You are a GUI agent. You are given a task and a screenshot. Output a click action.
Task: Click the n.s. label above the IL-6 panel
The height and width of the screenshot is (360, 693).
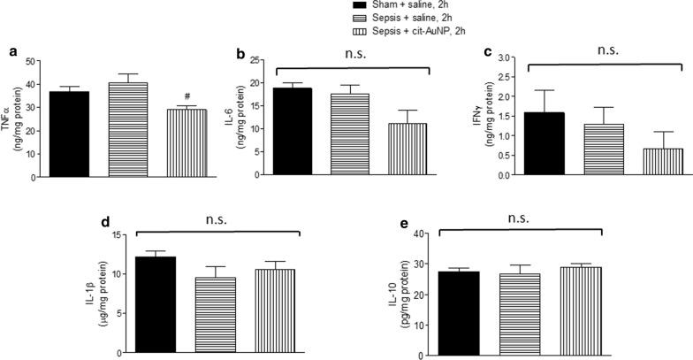click(x=359, y=53)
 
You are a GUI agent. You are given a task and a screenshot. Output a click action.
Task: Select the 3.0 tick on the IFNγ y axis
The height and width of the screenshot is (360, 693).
click(x=505, y=57)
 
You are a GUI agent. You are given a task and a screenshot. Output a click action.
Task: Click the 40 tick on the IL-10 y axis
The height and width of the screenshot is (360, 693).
click(x=415, y=234)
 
